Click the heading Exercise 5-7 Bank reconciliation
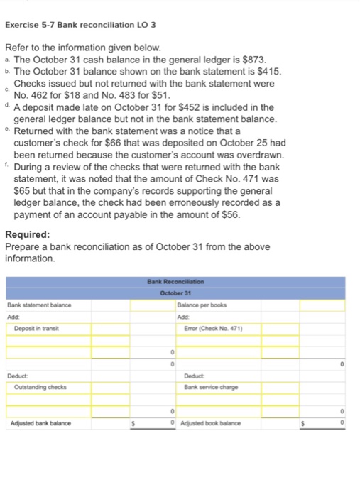[x=80, y=26]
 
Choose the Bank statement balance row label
[x=39, y=305]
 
